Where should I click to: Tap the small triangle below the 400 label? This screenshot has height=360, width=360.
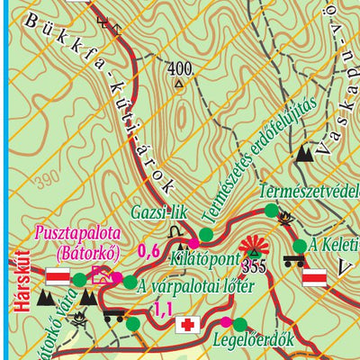[x=179, y=85]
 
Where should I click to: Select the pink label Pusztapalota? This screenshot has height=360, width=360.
[x=77, y=234]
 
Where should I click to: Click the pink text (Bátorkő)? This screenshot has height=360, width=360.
[x=82, y=251]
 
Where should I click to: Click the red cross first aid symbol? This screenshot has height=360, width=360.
[x=187, y=324]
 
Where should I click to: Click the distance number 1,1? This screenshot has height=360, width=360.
[x=163, y=309]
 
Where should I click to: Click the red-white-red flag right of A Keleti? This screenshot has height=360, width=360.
[x=315, y=280]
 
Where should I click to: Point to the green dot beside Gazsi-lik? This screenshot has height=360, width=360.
[x=206, y=235]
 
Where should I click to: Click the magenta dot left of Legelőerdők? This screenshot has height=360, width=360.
[x=226, y=322]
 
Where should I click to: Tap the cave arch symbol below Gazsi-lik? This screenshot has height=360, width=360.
[x=184, y=241]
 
